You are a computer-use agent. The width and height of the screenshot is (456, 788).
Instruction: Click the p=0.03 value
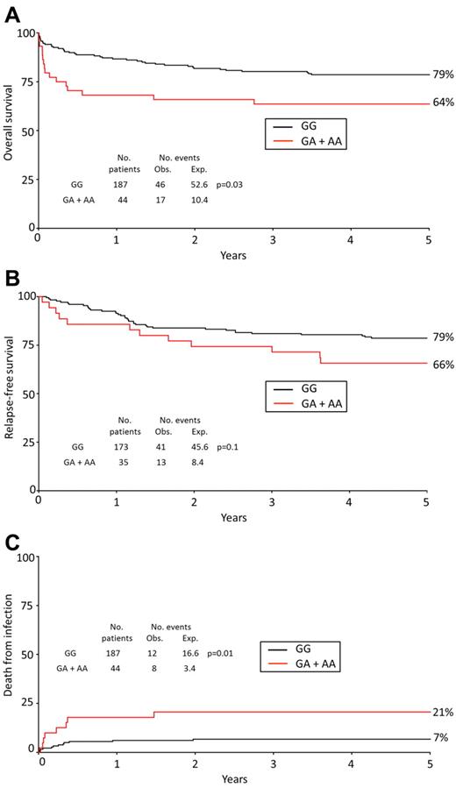pyautogui.click(x=230, y=186)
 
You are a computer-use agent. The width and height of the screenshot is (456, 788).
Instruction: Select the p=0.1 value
pyautogui.click(x=228, y=447)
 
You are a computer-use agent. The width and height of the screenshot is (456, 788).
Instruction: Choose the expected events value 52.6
pyautogui.click(x=199, y=186)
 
